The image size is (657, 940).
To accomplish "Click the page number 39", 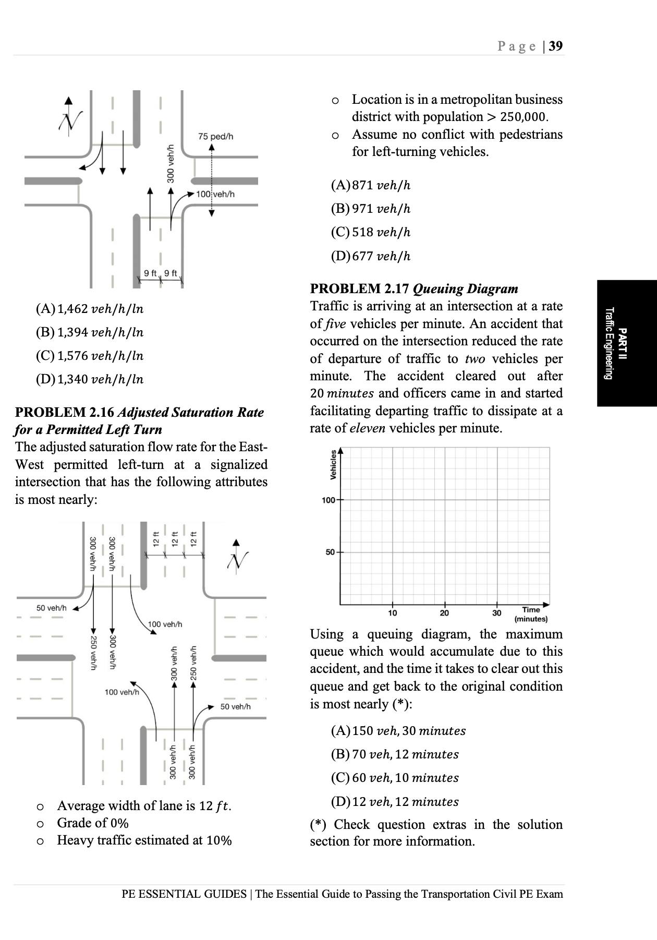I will point(556,46).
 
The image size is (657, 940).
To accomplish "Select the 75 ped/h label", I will point(215,137).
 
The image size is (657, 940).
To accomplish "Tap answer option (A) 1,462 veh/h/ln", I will point(90,309).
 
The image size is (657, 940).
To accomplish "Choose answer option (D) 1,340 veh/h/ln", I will point(90,379).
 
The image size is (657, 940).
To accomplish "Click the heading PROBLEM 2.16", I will point(65,412).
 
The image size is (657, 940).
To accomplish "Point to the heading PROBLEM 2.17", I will point(360,288).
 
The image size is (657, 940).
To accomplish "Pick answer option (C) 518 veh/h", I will point(371,232).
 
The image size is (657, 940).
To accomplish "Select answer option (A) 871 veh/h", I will point(371,185).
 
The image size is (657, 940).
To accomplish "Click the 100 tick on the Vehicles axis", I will point(328,500).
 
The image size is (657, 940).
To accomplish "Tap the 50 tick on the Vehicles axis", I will point(331,552).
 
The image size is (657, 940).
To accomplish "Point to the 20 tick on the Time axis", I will point(444,613).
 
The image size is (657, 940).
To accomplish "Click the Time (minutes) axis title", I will point(531,614).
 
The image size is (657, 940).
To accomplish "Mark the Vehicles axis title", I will point(332,464).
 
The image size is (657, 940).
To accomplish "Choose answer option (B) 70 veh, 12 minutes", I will point(395,754).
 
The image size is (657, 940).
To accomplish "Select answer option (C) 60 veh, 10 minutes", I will point(395,778).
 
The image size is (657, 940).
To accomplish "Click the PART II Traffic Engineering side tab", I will point(616,343).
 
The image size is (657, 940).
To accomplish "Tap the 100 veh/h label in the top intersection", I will point(215,194).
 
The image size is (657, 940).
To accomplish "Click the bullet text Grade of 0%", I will point(93,823).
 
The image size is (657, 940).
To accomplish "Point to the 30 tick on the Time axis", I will point(496,613).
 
